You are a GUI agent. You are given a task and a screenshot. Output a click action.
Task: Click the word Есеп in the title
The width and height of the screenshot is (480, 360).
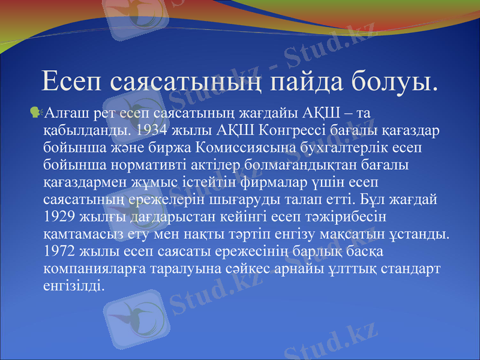[x=73, y=82]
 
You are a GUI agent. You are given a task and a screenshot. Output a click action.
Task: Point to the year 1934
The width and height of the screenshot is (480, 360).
[x=151, y=129]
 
